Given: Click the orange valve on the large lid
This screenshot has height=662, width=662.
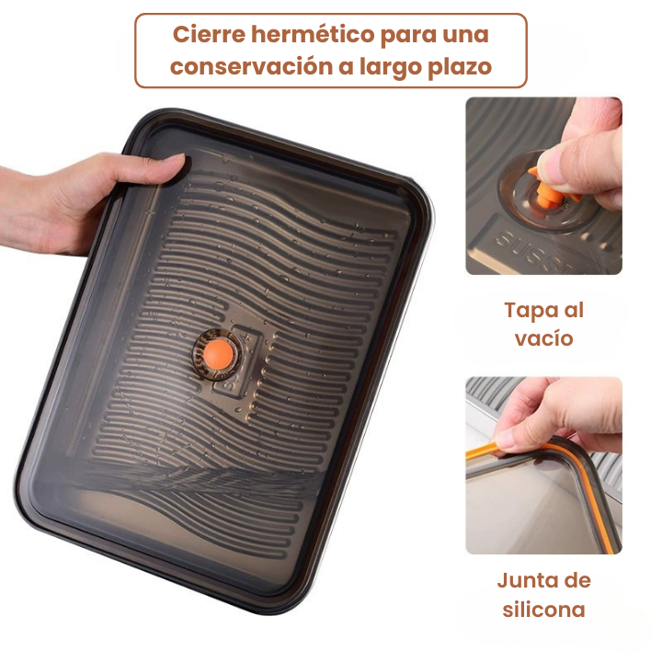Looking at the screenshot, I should pos(211,353).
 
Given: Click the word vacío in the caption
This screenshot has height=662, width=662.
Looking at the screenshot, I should pos(543,338).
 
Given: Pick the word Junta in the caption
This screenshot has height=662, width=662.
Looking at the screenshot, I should pos(527,580).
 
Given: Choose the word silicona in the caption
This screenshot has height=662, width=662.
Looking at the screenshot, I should pos(543,609).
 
